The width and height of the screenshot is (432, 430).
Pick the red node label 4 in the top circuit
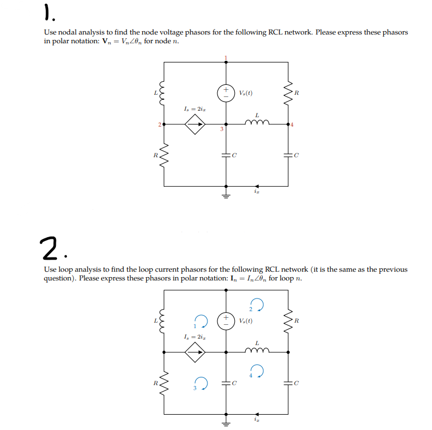tap(292, 125)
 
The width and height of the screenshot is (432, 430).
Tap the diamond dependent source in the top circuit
tap(194, 124)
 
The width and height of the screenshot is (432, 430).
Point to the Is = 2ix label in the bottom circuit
tap(194, 336)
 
